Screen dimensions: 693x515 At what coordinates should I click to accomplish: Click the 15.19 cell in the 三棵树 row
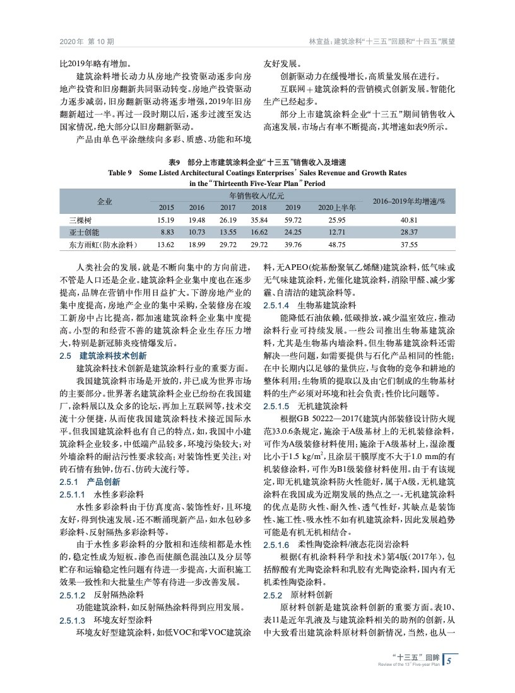166,219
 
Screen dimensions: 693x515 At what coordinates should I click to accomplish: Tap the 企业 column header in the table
105,201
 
